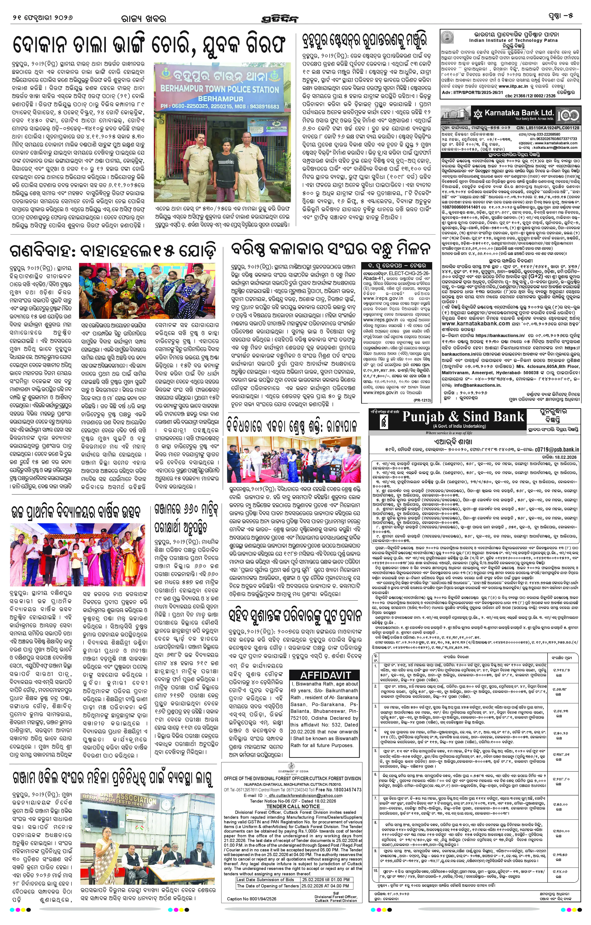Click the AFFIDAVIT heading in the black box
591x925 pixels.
pos(325,675)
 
